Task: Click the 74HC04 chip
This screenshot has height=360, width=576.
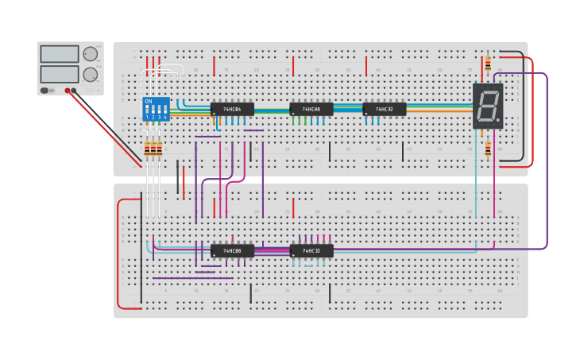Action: (x=232, y=109)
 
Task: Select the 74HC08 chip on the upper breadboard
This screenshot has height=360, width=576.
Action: (x=311, y=109)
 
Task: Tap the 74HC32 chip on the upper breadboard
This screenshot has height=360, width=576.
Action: (x=384, y=109)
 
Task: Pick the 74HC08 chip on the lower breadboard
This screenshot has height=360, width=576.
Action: (x=232, y=251)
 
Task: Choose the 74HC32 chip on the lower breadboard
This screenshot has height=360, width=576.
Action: (x=311, y=251)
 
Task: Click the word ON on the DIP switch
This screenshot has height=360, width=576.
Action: (x=148, y=102)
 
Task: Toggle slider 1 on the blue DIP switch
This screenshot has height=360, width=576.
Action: (x=147, y=110)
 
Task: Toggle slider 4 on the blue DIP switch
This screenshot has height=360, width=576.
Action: (x=164, y=110)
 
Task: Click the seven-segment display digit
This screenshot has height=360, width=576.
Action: (x=486, y=105)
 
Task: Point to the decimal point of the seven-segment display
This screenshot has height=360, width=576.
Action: (x=498, y=122)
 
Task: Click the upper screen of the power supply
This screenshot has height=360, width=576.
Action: (x=60, y=55)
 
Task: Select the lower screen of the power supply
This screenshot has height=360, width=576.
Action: (x=60, y=73)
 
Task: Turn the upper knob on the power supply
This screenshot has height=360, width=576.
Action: (x=91, y=54)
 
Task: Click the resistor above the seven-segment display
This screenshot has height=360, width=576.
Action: (x=488, y=64)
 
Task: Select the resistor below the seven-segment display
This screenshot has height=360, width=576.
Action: (x=488, y=148)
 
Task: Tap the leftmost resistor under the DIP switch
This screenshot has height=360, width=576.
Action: (x=147, y=148)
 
